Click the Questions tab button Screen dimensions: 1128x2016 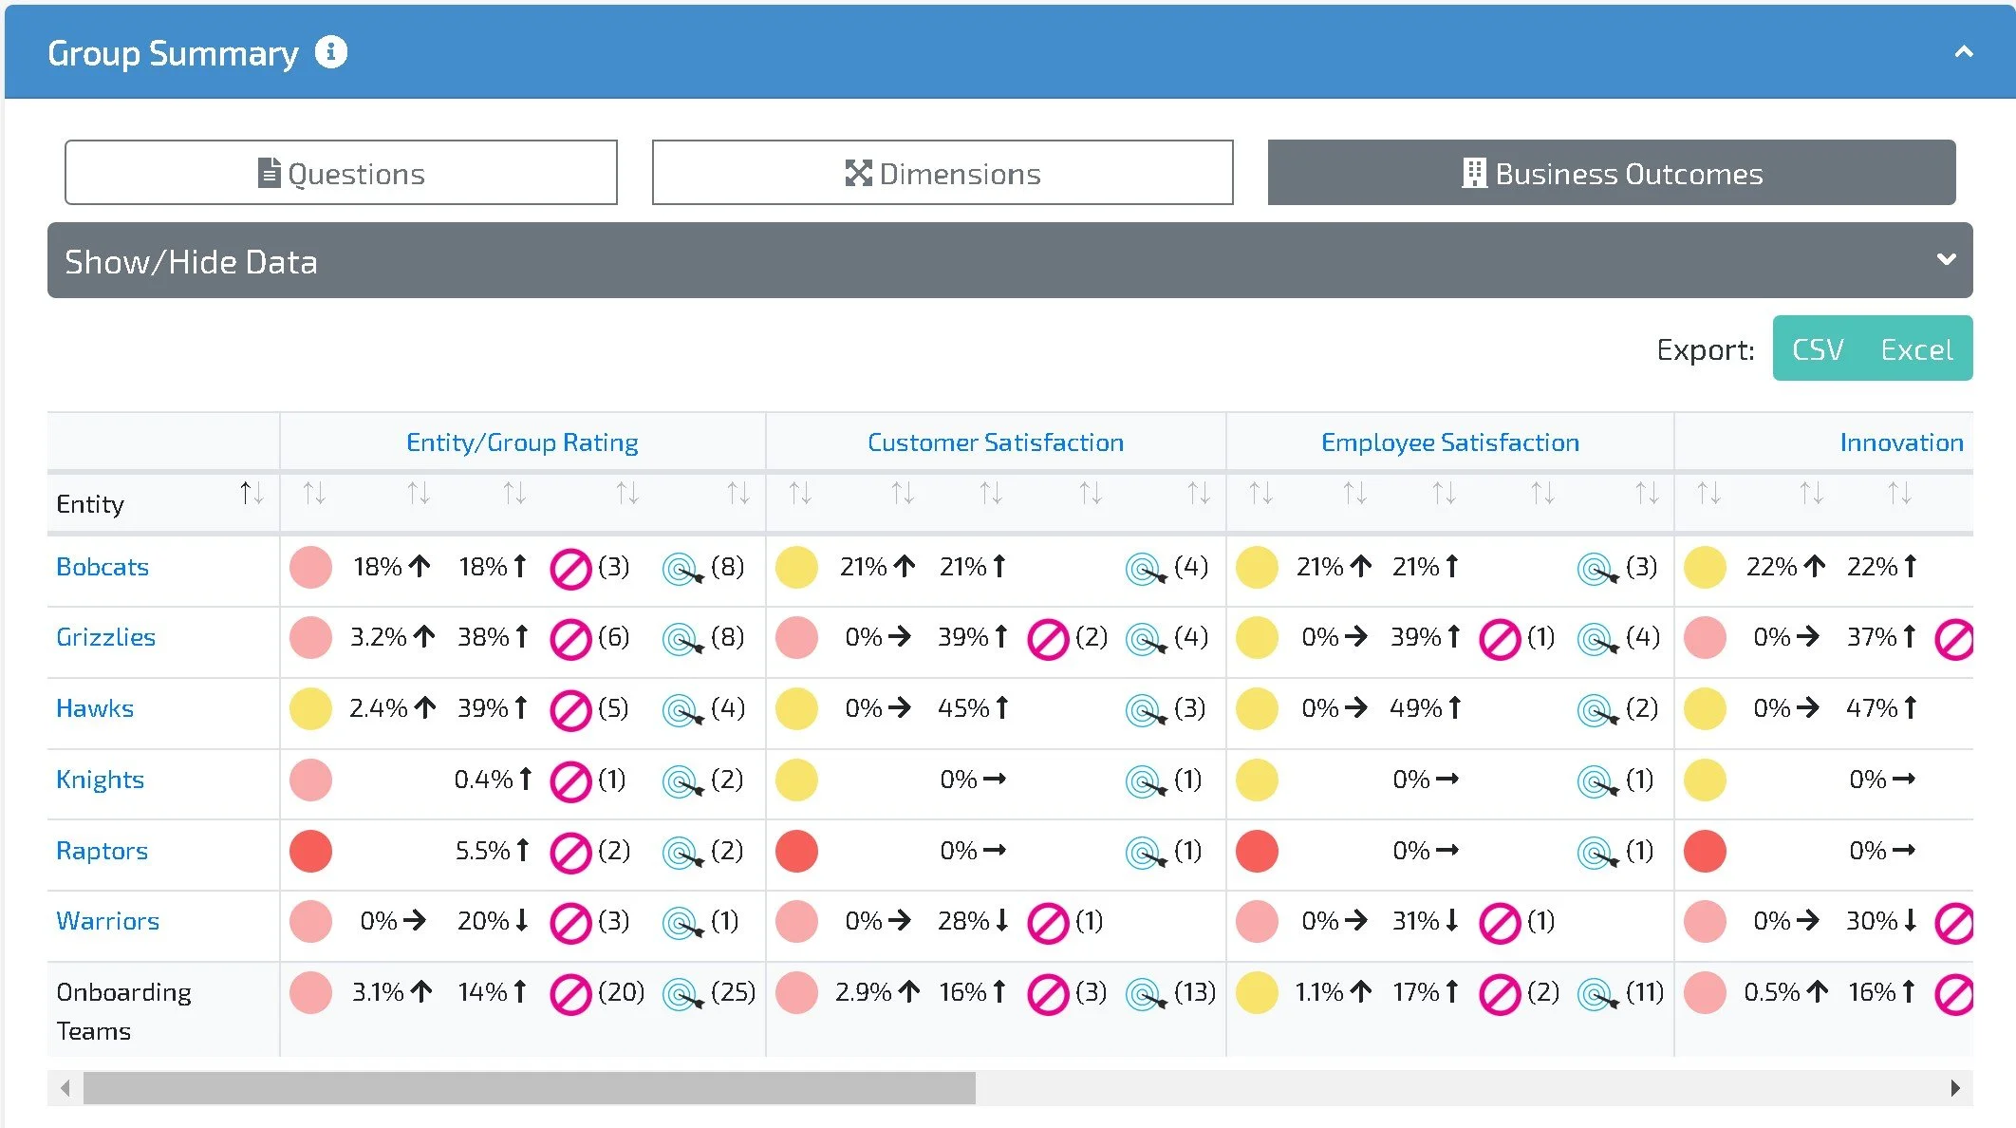tap(341, 173)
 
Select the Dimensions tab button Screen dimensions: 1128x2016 tap(943, 173)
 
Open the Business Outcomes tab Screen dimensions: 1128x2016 tap(1611, 173)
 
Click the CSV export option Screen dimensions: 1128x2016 tap(1817, 349)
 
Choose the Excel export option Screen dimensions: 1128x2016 tap(1916, 349)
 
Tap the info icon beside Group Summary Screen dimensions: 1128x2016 tap(331, 52)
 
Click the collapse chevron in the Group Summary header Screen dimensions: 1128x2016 tap(1964, 52)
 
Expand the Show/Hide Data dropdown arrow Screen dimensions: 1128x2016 tap(1946, 259)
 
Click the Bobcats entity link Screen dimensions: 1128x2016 tap(103, 567)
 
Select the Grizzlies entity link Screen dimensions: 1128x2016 tap(105, 637)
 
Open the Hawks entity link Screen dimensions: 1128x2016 tap(95, 708)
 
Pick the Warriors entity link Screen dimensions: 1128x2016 tap(107, 921)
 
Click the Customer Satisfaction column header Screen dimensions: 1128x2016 tap(995, 442)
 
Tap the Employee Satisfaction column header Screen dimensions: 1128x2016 tap(1449, 442)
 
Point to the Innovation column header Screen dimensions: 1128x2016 tap(1901, 442)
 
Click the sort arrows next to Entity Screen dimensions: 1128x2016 tap(252, 493)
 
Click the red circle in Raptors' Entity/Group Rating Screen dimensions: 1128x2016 tap(310, 851)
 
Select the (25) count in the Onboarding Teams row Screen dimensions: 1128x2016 tap(733, 992)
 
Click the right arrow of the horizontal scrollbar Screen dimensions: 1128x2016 tap(1955, 1088)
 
